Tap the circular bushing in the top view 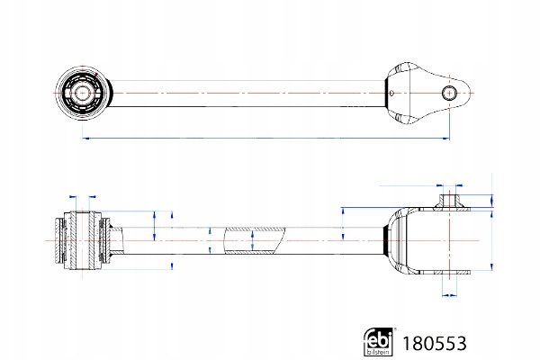click(84, 93)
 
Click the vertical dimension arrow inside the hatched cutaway click(253, 240)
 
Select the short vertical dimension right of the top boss click(491, 202)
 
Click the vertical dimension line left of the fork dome click(344, 221)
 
